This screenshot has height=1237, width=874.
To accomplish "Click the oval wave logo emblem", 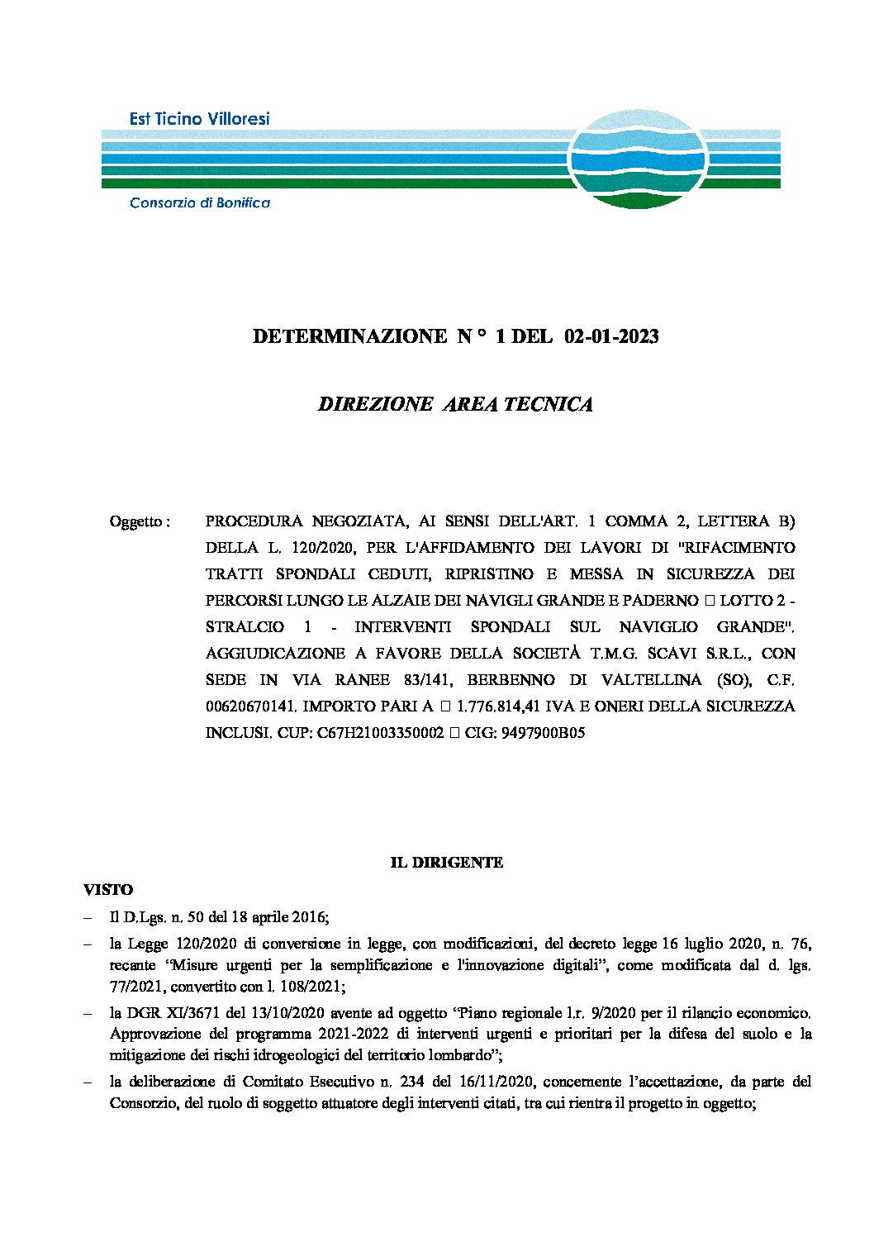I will pyautogui.click(x=637, y=159).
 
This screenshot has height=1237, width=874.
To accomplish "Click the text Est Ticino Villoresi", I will pyautogui.click(x=199, y=119).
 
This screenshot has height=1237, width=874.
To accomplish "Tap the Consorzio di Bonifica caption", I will pyautogui.click(x=199, y=202).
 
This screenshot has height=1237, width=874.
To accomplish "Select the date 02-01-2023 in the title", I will pyautogui.click(x=611, y=336).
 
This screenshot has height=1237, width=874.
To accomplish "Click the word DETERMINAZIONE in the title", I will pyautogui.click(x=349, y=336).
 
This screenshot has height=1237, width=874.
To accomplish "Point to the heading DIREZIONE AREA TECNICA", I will pyautogui.click(x=455, y=404).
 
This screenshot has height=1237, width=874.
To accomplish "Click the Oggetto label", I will pyautogui.click(x=139, y=521).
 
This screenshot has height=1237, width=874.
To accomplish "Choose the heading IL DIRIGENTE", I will pyautogui.click(x=446, y=863).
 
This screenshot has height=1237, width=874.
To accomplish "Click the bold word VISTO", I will pyautogui.click(x=108, y=890).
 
